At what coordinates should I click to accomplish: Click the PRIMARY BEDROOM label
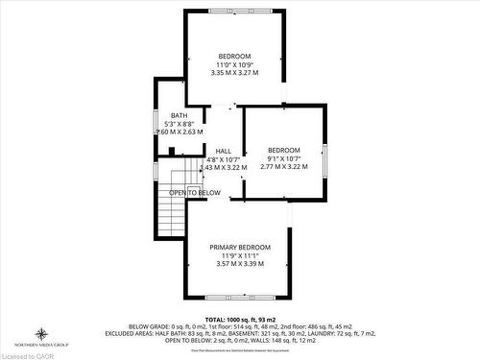pos(237,247)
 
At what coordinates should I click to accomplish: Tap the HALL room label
pos(223,151)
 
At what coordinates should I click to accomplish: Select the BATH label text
pos(180,115)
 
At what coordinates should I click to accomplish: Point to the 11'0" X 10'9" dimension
pos(234,64)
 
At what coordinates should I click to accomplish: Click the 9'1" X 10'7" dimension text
pos(283,158)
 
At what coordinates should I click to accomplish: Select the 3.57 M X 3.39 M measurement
pos(237,263)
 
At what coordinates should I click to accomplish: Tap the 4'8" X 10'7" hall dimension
pos(223,158)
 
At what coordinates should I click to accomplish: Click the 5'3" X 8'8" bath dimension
pos(180,124)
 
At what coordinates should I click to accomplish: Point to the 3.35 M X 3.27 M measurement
pos(234,73)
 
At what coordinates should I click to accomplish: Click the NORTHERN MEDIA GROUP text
pos(40,344)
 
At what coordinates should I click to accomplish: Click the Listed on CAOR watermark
pos(31,354)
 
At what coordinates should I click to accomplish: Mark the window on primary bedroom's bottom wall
pos(237,299)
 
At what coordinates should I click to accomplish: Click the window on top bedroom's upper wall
pos(234,11)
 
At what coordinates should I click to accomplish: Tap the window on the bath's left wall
pos(156,121)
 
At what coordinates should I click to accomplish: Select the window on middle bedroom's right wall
pos(324,156)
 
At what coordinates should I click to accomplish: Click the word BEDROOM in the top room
pos(234,56)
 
